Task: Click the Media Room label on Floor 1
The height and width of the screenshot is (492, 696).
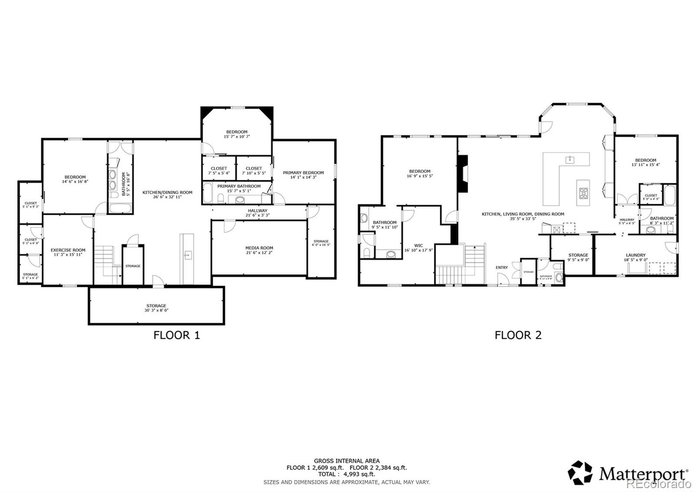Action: tap(259, 248)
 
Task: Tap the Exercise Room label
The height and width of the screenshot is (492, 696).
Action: tap(68, 250)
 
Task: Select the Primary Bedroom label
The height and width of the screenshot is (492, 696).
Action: tap(303, 172)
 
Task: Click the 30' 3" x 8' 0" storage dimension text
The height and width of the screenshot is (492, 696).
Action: tap(156, 310)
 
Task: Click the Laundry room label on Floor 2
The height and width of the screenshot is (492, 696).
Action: tap(636, 255)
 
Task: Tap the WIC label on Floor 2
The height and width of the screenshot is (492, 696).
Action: tap(419, 246)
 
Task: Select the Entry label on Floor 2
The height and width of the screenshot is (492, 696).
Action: tap(502, 267)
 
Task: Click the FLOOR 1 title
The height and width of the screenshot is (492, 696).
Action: tap(177, 335)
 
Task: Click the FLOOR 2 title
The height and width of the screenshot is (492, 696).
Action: tap(518, 335)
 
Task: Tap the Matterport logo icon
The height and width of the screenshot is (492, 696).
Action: tap(580, 472)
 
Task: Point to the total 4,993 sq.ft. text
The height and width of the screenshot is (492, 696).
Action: tap(347, 474)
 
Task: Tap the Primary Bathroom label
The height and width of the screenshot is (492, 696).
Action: tap(239, 186)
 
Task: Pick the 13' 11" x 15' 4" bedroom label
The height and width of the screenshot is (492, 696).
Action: tap(646, 162)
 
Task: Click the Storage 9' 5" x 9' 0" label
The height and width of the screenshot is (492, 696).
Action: tap(578, 257)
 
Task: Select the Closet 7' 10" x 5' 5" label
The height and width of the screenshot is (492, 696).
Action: tap(254, 170)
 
